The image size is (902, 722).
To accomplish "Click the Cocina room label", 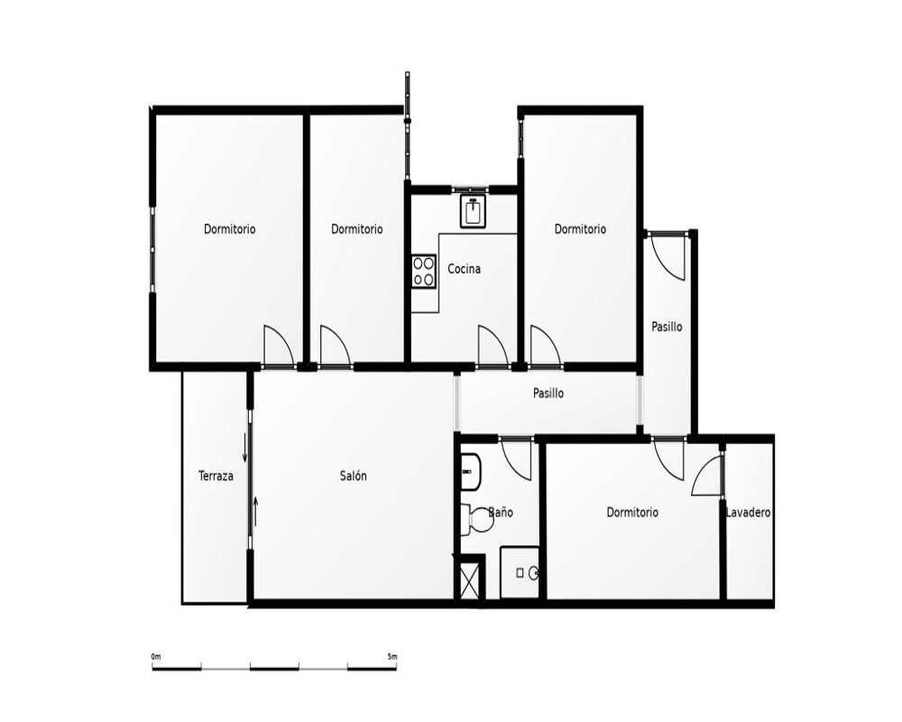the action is [x=464, y=269].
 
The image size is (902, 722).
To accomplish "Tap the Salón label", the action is [x=354, y=477].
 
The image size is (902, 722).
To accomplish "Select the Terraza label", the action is [x=216, y=477].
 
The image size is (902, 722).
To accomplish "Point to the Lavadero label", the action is [x=748, y=513].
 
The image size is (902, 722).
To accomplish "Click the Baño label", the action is [x=501, y=513].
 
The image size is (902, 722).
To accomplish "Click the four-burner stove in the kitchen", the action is [x=424, y=271].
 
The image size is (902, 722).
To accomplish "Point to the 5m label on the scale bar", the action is [x=392, y=656].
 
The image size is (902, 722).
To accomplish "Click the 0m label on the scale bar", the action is [x=156, y=656].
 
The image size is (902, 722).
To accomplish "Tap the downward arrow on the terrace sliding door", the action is [x=245, y=449].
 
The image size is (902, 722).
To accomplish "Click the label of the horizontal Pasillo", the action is [x=548, y=393].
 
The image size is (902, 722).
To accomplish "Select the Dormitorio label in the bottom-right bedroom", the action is [x=632, y=513].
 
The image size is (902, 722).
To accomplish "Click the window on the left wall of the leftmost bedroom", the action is [x=152, y=251].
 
